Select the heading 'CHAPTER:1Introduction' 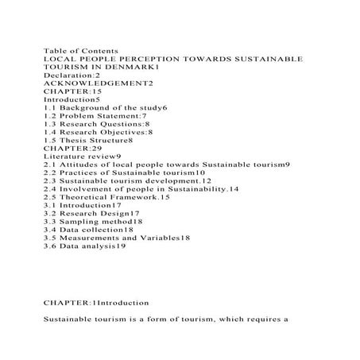click(96, 303)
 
